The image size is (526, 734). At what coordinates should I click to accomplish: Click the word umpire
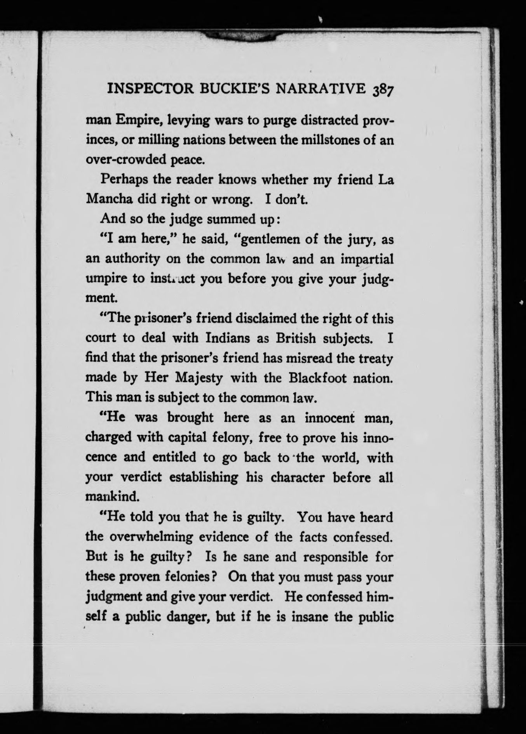(104, 279)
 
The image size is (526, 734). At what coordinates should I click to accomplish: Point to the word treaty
(372, 358)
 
